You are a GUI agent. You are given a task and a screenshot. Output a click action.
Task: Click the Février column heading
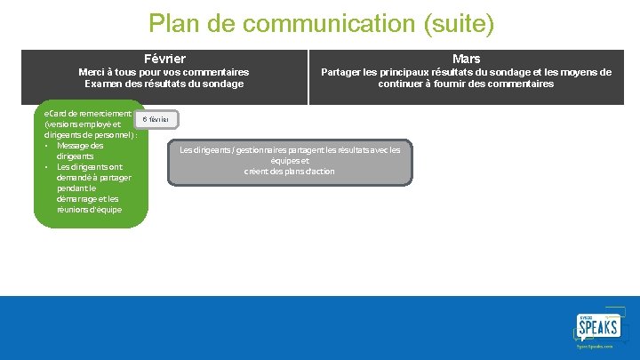(x=164, y=58)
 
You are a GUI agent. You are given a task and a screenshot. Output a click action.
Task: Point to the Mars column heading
(x=466, y=59)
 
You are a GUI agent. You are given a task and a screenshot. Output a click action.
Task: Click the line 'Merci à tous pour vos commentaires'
(x=164, y=72)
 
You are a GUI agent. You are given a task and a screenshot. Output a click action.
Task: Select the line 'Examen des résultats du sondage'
(x=164, y=84)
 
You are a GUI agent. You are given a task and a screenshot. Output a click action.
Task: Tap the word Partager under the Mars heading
(x=341, y=72)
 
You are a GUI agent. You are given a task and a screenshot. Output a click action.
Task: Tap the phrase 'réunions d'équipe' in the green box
(x=90, y=209)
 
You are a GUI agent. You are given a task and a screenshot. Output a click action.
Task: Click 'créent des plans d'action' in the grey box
(x=290, y=171)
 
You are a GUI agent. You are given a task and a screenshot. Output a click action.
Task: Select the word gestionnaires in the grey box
(x=260, y=149)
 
